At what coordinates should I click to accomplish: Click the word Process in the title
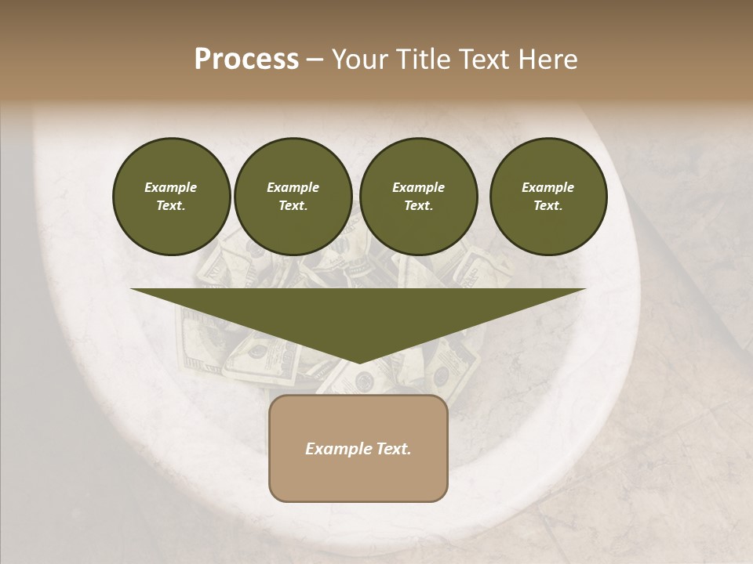point(246,60)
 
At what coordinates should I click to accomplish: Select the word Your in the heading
point(356,60)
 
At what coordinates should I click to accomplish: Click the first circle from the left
point(171,197)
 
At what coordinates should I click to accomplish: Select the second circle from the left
point(293,197)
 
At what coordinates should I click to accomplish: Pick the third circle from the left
point(418,197)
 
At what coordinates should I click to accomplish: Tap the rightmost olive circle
point(547,197)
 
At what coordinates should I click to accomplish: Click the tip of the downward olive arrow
point(358,361)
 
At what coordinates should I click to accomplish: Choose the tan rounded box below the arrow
point(358,470)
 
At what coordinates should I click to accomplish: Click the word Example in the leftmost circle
point(171,187)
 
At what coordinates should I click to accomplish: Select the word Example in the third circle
point(418,187)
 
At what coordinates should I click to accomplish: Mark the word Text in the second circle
point(292,206)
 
